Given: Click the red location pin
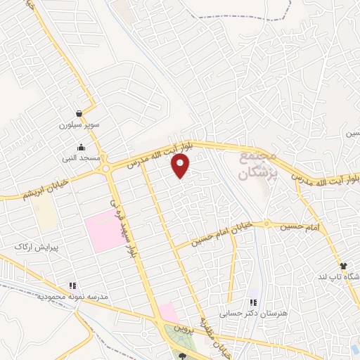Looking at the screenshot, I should click(181, 166).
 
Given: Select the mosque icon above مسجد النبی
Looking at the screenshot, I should click(82, 148).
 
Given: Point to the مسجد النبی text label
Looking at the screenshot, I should click(81, 160).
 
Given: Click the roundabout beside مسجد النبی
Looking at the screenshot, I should click(105, 169).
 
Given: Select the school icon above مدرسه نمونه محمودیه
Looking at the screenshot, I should click(72, 286).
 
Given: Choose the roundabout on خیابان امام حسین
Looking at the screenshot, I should click(266, 225).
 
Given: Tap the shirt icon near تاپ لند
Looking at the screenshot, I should click(344, 266).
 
